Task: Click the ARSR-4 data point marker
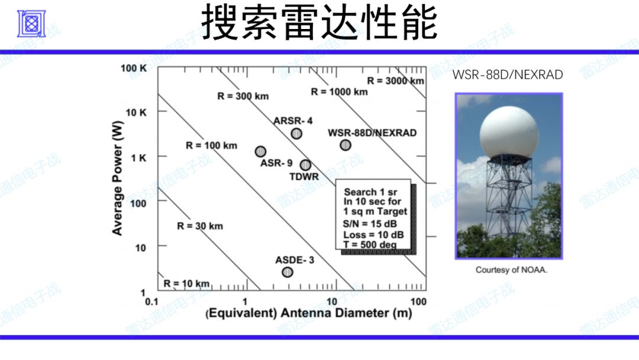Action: pos(296,133)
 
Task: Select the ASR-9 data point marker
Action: pos(260,152)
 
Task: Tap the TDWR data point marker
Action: pos(305,165)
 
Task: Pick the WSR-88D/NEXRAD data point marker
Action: pos(345,145)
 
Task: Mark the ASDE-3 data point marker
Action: pos(288,272)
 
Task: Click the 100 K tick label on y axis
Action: pos(134,68)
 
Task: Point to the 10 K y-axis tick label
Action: pos(136,112)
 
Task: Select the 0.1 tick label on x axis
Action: pos(151,302)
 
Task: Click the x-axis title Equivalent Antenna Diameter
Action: pos(308,313)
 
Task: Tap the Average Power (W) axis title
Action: pos(117,178)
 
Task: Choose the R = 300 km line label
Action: pos(243,97)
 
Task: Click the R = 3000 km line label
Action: pos(396,81)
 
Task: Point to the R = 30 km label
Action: pos(200,226)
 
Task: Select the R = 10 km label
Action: pos(186,284)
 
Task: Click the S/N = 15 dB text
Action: pos(370,224)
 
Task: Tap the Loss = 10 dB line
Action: pos(373,235)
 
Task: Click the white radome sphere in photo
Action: pos(509,132)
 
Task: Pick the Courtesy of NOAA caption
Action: pos(511,270)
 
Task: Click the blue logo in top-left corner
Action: pos(31,24)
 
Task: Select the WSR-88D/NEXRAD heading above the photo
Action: pos(508,75)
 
